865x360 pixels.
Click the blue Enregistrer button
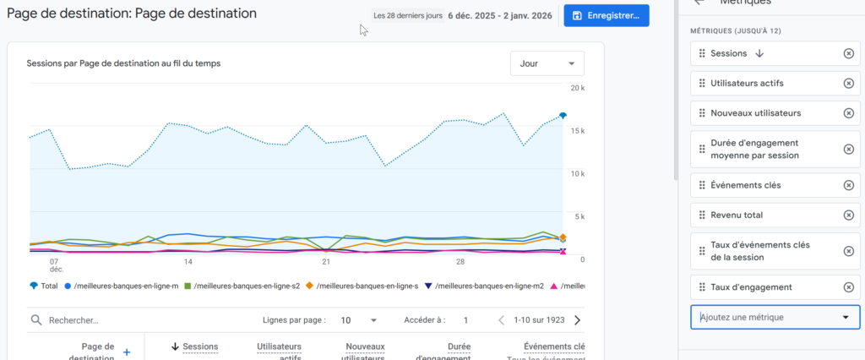click(x=607, y=15)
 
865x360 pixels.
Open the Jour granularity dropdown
click(x=547, y=63)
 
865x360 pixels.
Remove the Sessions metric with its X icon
click(x=848, y=54)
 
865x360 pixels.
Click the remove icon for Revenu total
click(x=848, y=215)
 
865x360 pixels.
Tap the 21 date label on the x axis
click(x=326, y=261)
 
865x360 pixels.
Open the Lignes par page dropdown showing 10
click(x=359, y=320)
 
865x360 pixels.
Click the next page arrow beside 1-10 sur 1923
click(x=577, y=320)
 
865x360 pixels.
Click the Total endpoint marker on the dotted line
click(x=563, y=116)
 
